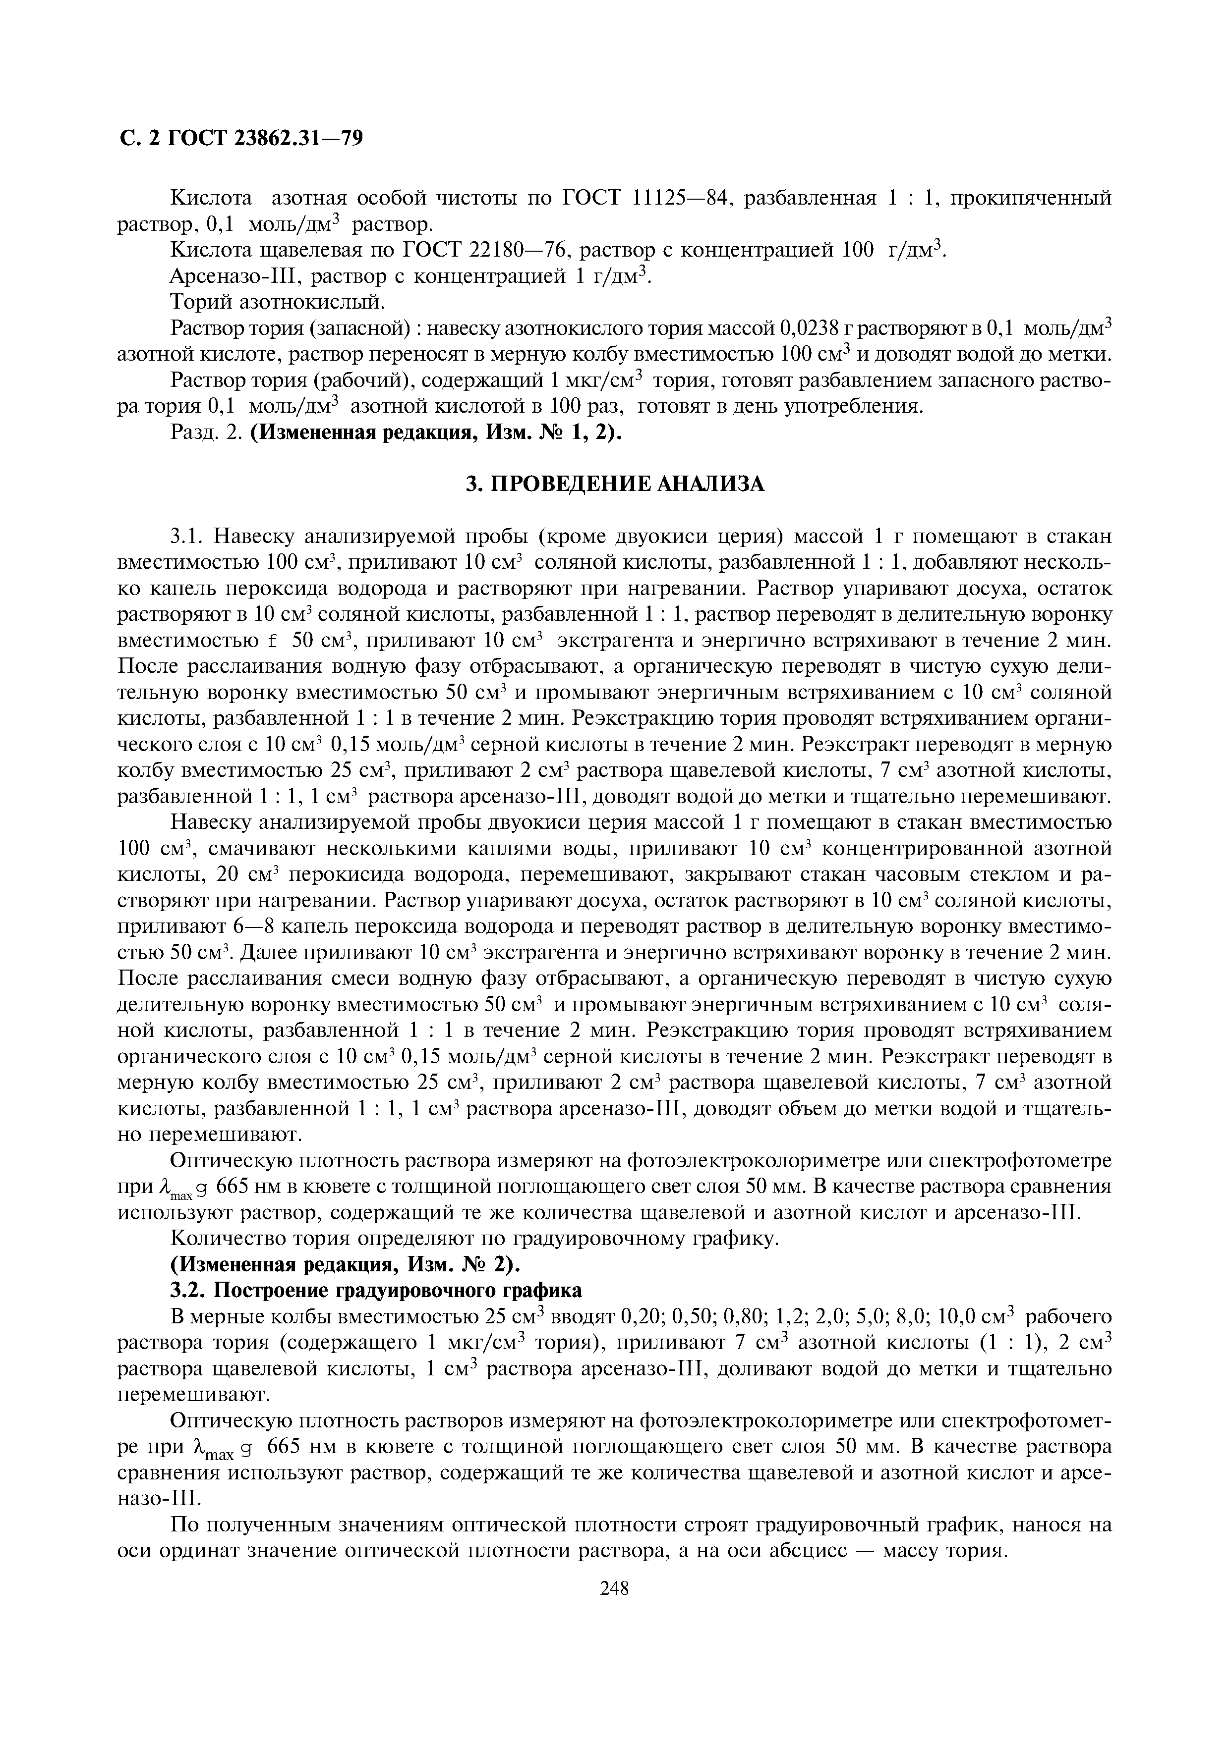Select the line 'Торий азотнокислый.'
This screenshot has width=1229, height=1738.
pos(278,303)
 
